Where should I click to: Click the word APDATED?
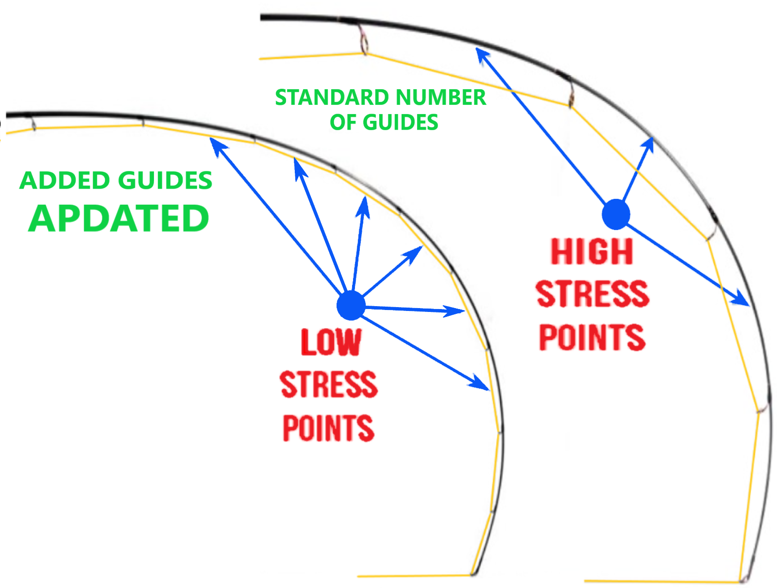(118, 218)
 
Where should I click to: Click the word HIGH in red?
(591, 252)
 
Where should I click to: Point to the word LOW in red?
(331, 343)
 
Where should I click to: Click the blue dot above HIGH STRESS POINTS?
(616, 214)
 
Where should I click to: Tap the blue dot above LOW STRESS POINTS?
(351, 306)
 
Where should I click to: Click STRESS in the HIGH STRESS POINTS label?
(592, 294)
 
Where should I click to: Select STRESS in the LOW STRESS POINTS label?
(329, 385)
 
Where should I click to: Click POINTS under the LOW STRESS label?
(328, 427)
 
